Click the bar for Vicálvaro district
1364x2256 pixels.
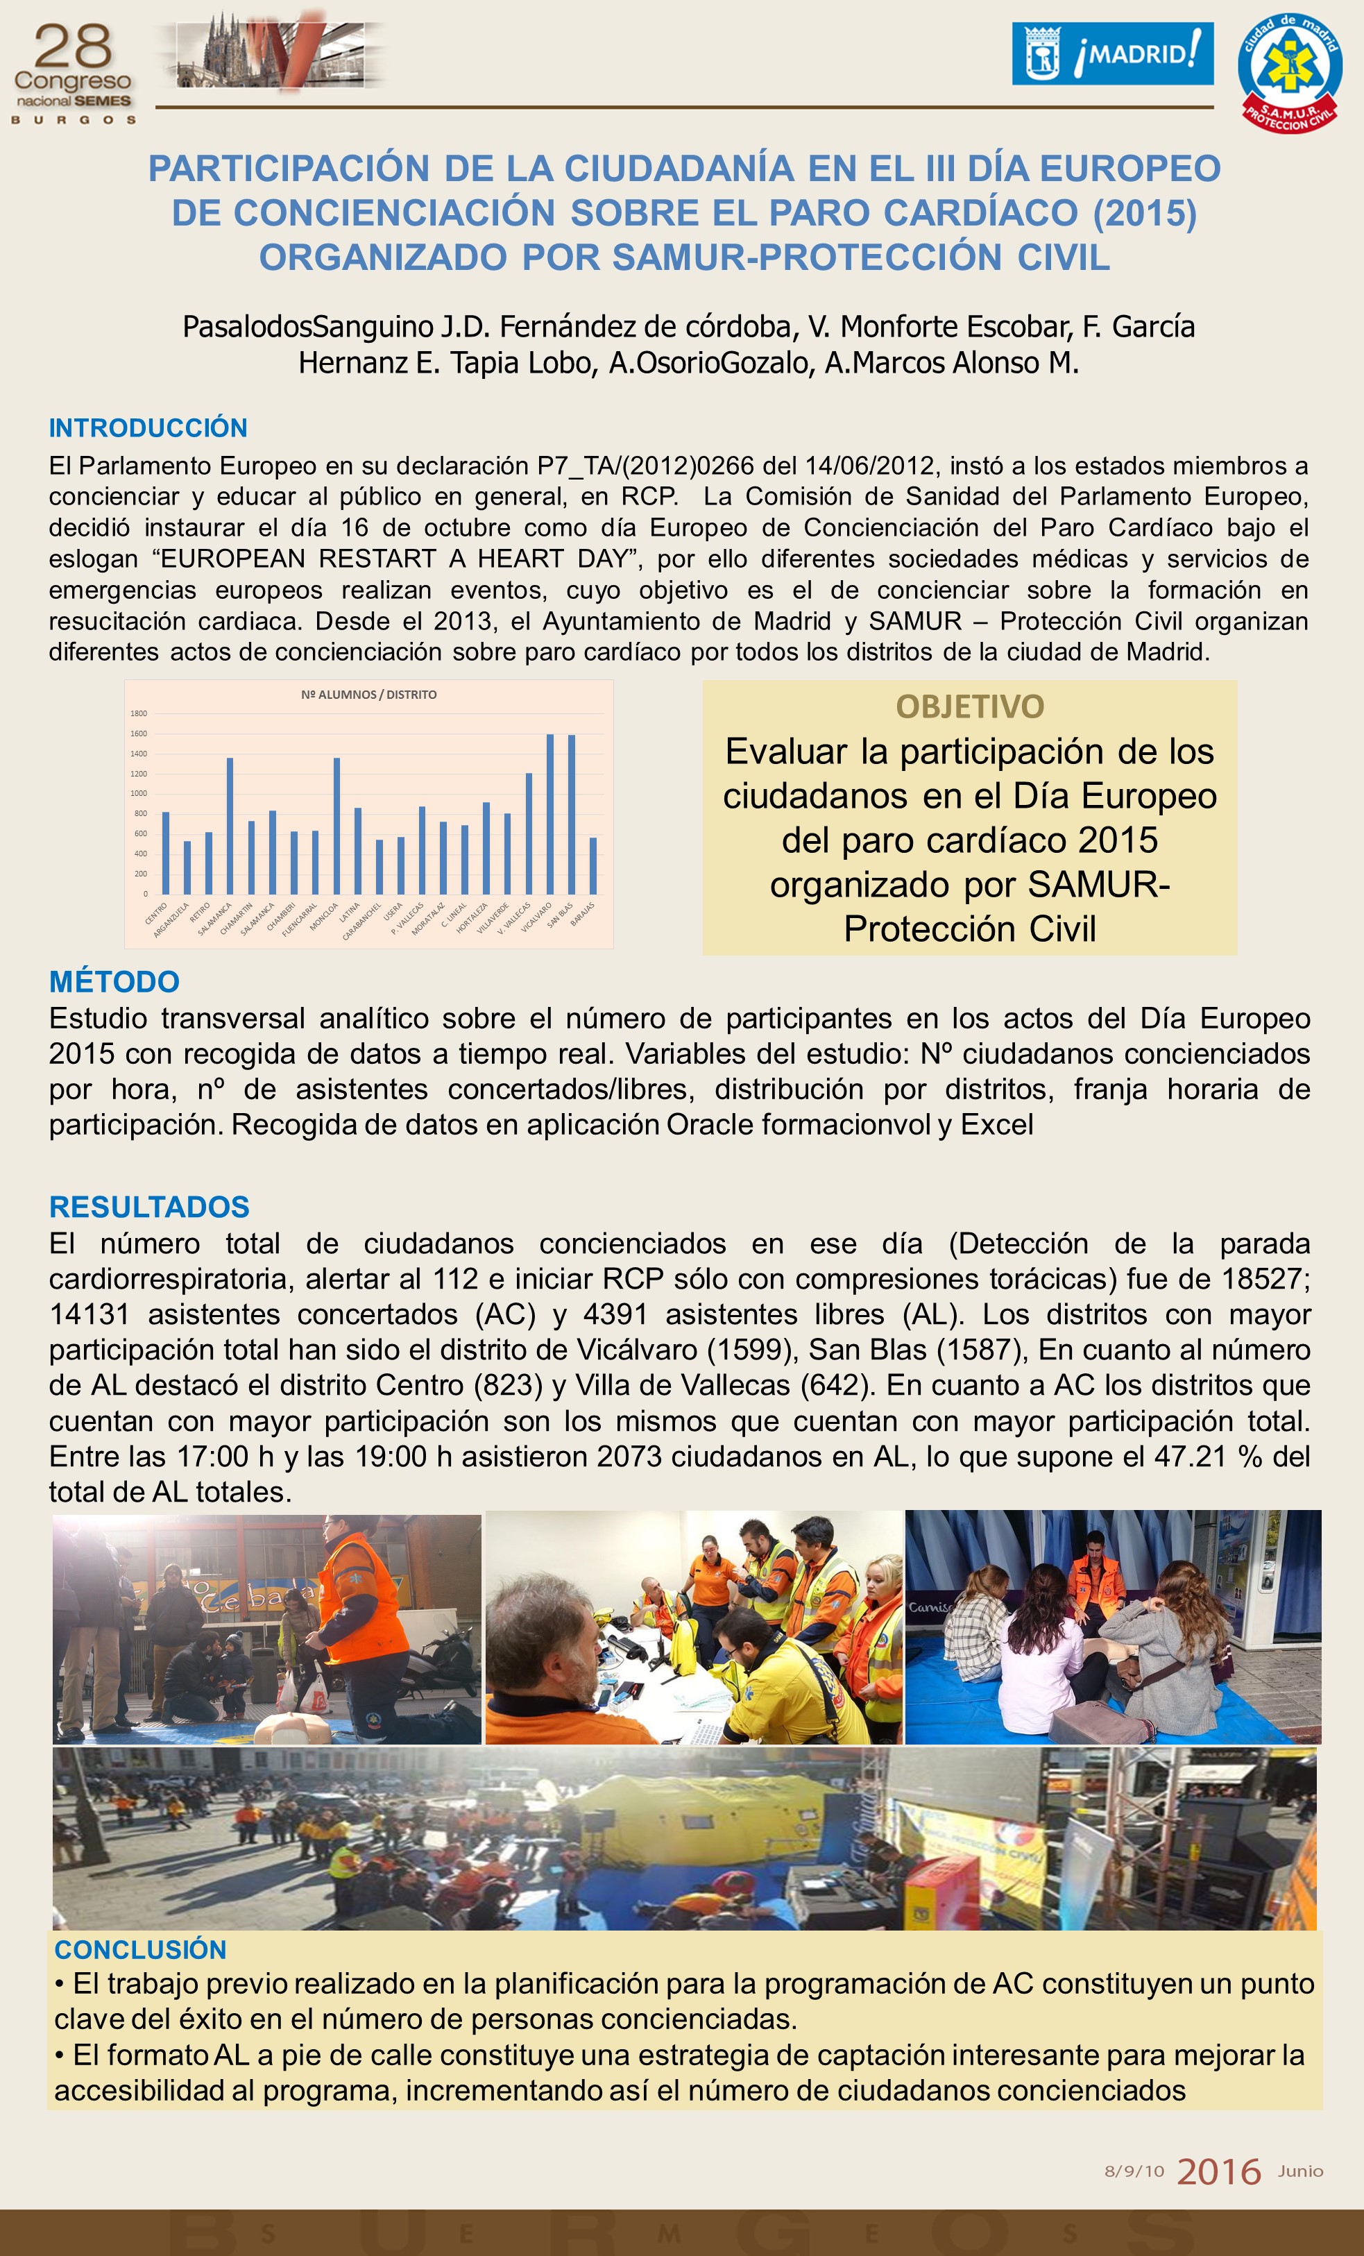tap(550, 814)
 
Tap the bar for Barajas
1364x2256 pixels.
tap(593, 865)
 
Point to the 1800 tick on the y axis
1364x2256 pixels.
tap(138, 713)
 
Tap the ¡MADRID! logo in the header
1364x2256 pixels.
tap(1112, 54)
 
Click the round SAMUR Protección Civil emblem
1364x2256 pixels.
tap(1290, 74)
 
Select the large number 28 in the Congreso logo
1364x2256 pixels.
tap(74, 46)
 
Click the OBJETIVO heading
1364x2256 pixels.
tap(969, 706)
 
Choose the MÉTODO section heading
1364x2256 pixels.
tap(114, 981)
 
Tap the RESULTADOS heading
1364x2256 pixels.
tap(149, 1207)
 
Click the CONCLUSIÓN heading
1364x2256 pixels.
tap(140, 1949)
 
